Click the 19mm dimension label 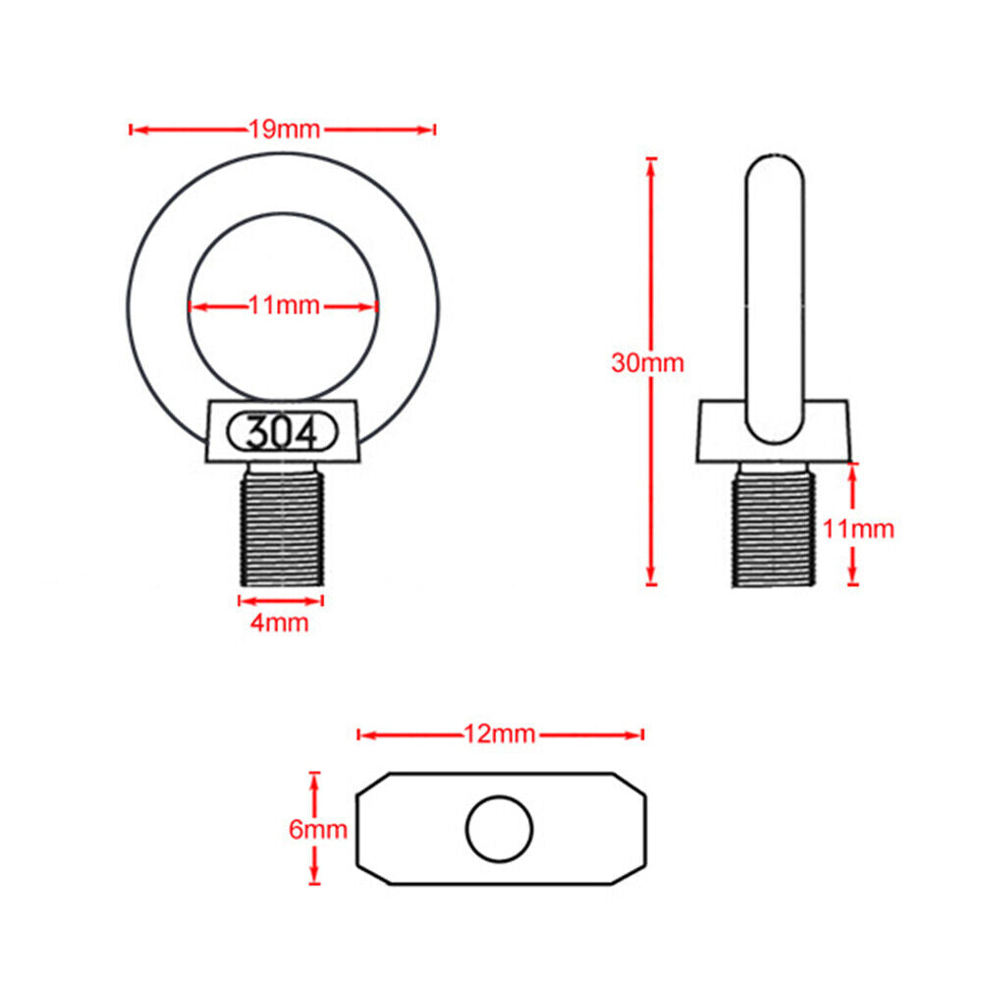[285, 130]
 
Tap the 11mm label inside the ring [285, 306]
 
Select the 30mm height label [647, 363]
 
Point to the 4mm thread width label [280, 624]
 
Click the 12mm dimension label [500, 735]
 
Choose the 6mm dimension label [318, 830]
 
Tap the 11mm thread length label [858, 529]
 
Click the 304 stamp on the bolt [282, 432]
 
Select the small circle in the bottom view [500, 830]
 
